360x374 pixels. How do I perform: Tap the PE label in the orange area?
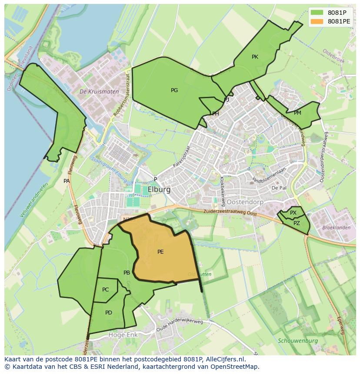(x=160, y=252)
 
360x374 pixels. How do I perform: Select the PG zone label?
(x=174, y=90)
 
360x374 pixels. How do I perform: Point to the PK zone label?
(x=255, y=57)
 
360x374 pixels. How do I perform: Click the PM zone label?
(x=297, y=113)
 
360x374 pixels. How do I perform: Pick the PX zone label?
(x=293, y=213)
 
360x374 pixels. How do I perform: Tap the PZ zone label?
(x=297, y=223)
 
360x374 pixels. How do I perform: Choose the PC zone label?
(x=106, y=290)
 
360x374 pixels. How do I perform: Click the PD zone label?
(x=109, y=313)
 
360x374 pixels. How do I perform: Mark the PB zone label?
(x=127, y=273)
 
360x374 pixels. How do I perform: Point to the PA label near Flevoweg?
(x=67, y=181)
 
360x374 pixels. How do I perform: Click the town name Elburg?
(x=159, y=190)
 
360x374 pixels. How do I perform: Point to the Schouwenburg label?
(x=298, y=341)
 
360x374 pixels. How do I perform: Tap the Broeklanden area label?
(x=336, y=228)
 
